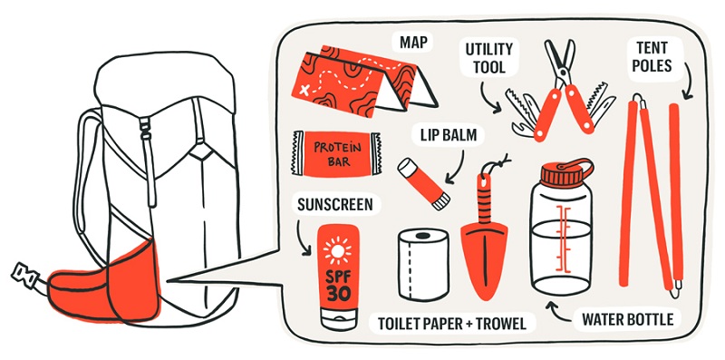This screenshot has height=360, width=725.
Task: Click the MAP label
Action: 414,44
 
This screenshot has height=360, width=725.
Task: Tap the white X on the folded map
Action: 304,90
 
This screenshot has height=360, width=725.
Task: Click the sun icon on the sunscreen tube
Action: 337,251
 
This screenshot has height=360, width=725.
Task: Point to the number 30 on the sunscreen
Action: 337,293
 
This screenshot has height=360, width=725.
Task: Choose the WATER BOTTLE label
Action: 627,319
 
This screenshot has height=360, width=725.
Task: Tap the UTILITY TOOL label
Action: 488,58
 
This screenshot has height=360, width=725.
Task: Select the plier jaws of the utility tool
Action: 559,60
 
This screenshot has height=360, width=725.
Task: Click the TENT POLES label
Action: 652,56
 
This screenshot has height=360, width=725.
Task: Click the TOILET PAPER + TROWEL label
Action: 451,324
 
